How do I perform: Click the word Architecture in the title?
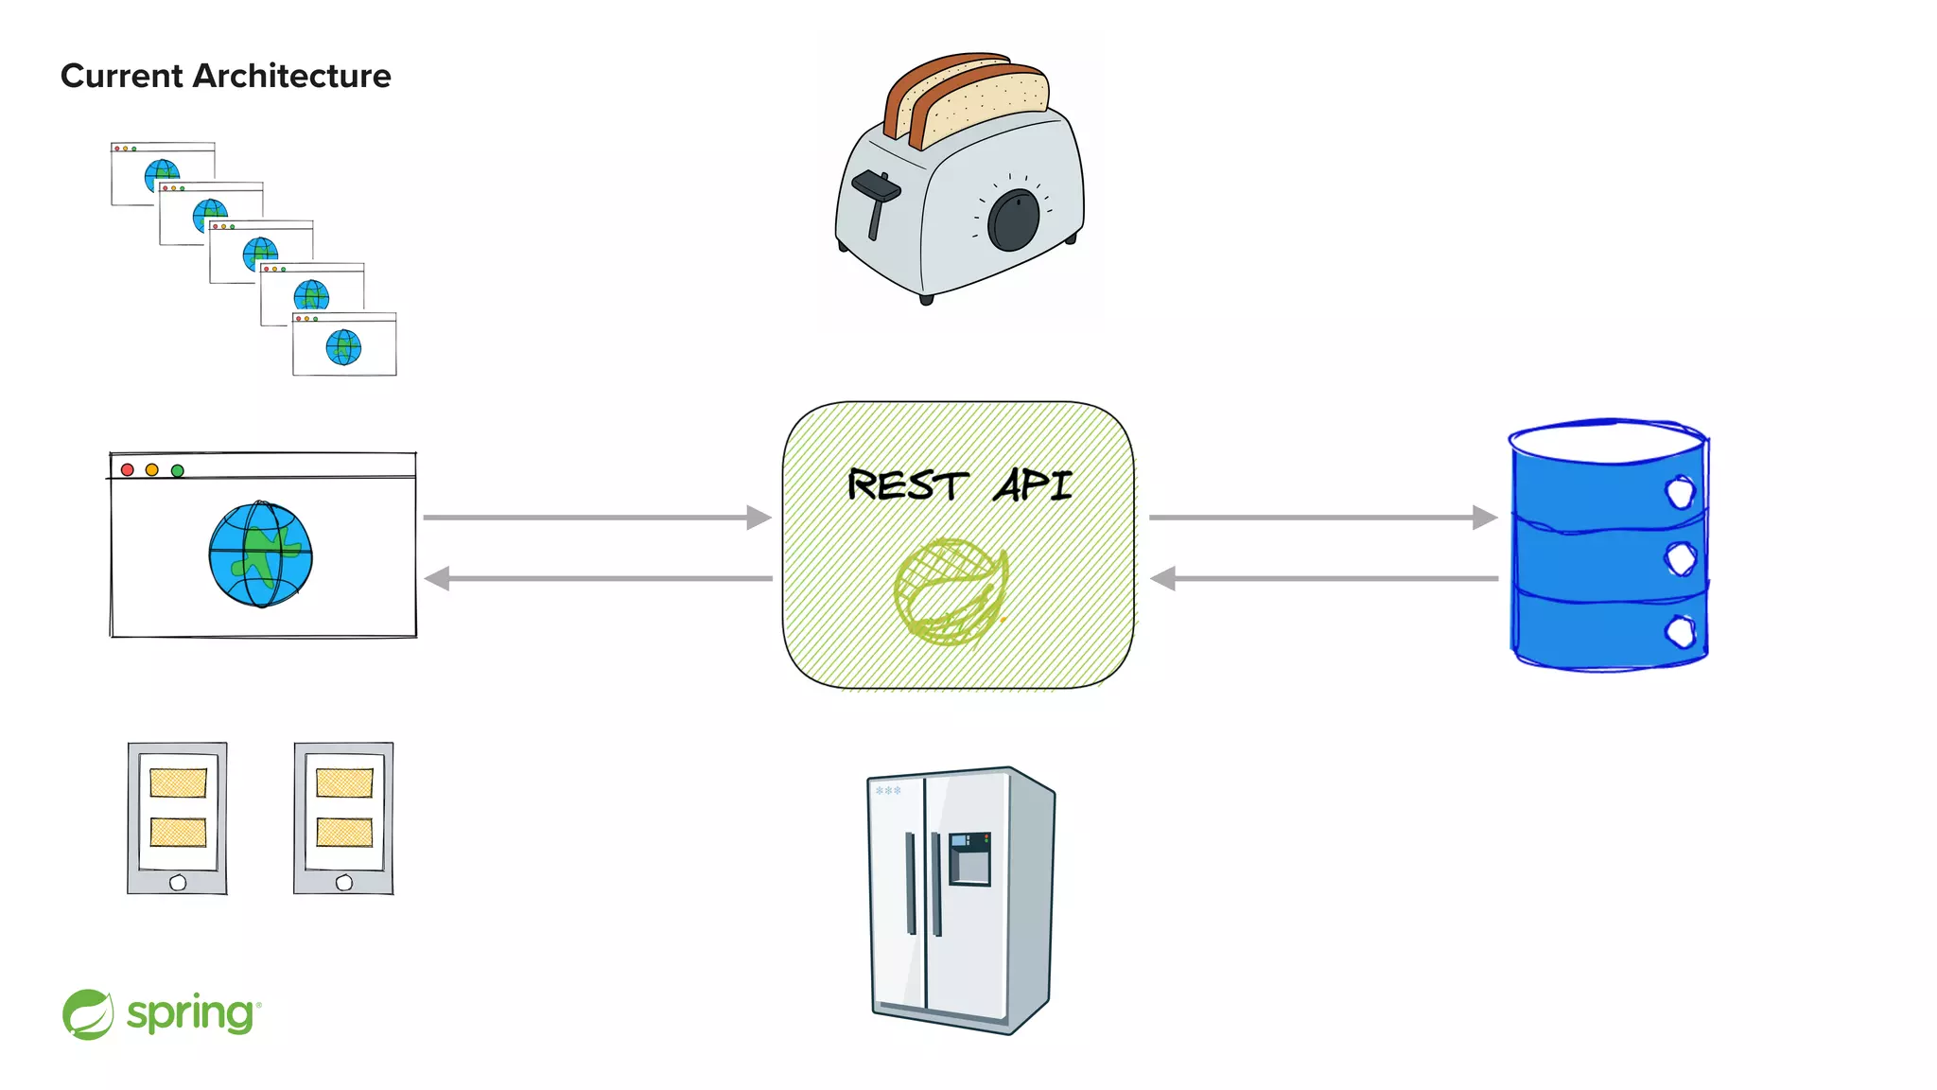(x=291, y=76)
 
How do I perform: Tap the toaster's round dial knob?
(x=1013, y=220)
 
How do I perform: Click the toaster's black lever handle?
(x=876, y=188)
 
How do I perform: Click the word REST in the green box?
(x=907, y=485)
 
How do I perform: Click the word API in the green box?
(x=1033, y=485)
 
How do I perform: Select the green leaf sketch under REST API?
(x=951, y=590)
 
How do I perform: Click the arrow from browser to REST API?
(x=597, y=518)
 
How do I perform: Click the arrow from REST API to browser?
(x=597, y=578)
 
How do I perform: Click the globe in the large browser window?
(x=261, y=554)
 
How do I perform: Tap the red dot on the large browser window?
(x=128, y=470)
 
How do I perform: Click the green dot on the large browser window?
(x=177, y=470)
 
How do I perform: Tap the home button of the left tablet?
(x=178, y=882)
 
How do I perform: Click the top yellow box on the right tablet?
(x=344, y=782)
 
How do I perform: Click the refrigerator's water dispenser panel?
(x=969, y=857)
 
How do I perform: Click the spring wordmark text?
(x=190, y=1014)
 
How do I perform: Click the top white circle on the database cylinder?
(x=1680, y=492)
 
